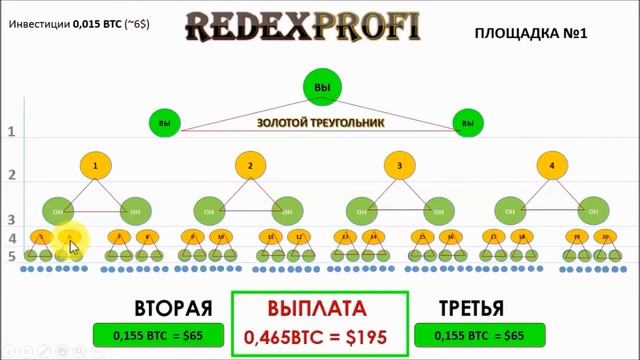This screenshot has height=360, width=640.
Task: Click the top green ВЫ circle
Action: click(321, 88)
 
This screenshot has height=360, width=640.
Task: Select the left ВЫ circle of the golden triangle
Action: click(165, 123)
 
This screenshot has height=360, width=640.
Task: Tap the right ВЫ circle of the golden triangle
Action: click(466, 123)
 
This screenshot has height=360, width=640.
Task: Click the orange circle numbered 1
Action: click(94, 165)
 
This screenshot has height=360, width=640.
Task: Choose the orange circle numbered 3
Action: click(399, 165)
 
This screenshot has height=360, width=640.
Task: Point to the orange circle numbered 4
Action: click(552, 165)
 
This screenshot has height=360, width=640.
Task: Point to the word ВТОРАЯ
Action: click(173, 308)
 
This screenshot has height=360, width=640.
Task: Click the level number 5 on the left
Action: click(13, 257)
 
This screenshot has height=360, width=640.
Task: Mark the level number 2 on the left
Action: click(13, 176)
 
